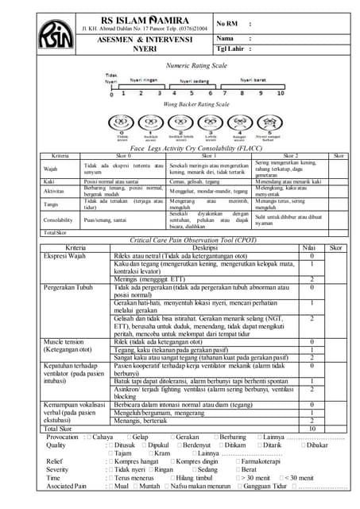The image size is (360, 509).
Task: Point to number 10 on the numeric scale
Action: click(281, 94)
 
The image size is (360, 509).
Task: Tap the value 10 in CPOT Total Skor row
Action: click(312, 428)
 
